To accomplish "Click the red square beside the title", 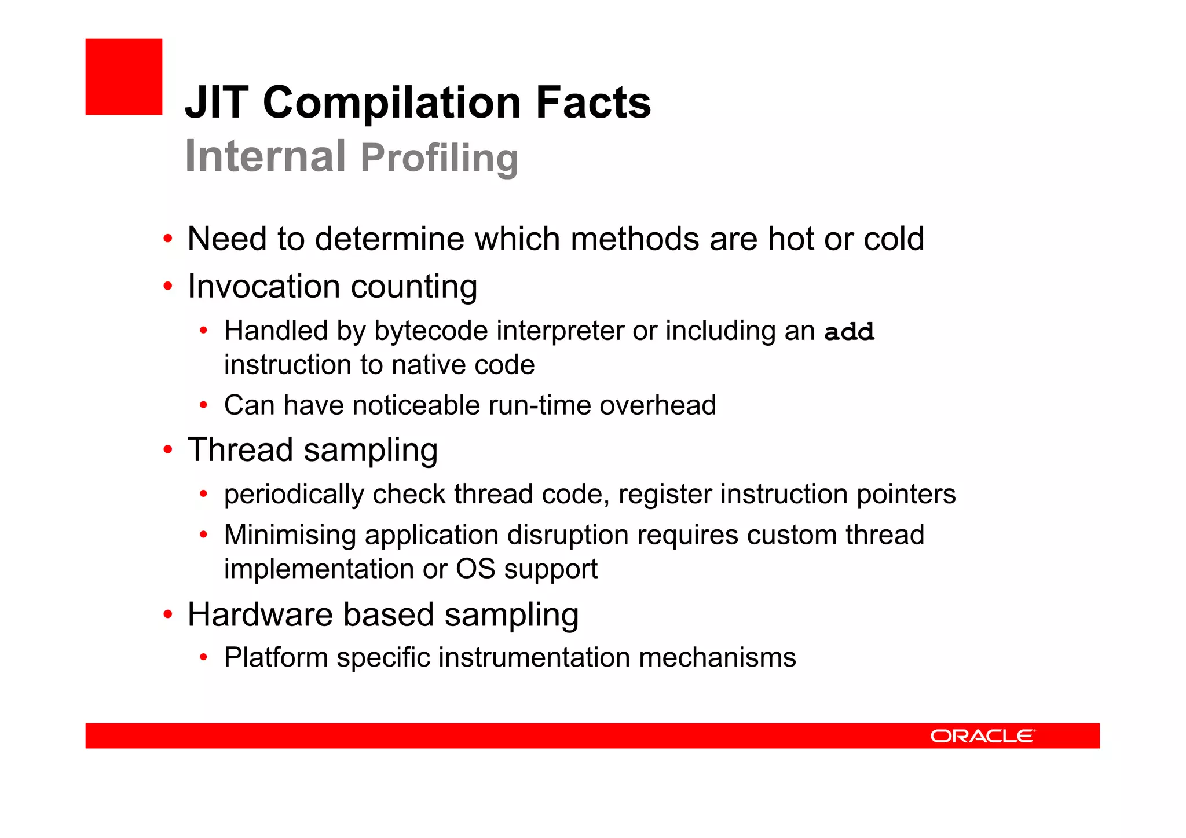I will pyautogui.click(x=123, y=76).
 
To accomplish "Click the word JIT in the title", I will pyautogui.click(x=217, y=103).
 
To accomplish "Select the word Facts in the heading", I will pyautogui.click(x=593, y=103).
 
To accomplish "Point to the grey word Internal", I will pyautogui.click(x=265, y=156).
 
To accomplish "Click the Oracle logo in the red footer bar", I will pyautogui.click(x=982, y=736).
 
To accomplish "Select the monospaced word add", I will pyautogui.click(x=849, y=332).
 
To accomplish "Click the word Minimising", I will pyautogui.click(x=290, y=535).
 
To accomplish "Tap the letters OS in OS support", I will pyautogui.click(x=475, y=569).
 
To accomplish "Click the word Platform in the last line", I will pyautogui.click(x=276, y=658).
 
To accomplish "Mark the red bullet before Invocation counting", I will pyautogui.click(x=168, y=286).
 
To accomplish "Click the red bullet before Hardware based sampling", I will pyautogui.click(x=168, y=614).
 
